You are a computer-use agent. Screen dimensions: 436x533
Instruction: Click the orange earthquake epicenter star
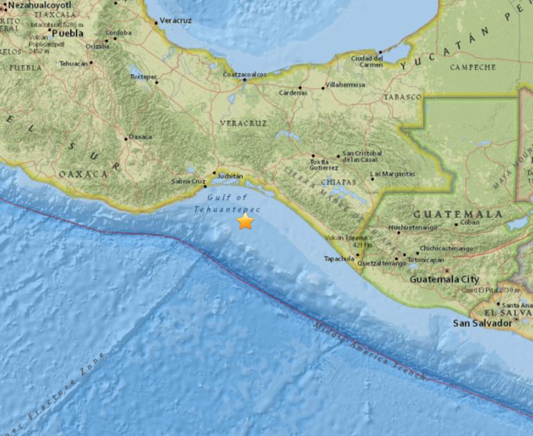[x=245, y=222]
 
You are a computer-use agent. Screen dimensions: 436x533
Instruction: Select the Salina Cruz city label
[x=188, y=182]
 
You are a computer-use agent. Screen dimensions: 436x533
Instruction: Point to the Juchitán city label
[x=230, y=176]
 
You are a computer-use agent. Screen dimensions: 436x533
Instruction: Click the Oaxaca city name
[x=140, y=137]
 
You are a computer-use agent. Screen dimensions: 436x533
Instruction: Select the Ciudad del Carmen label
[x=367, y=62]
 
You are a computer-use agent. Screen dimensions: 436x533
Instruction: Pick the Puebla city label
[x=67, y=33]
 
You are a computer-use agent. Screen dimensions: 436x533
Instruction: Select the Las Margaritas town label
[x=393, y=174]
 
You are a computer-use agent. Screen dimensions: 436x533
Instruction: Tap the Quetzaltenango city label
[x=381, y=264]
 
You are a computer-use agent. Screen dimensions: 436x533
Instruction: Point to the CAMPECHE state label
[x=473, y=67]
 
